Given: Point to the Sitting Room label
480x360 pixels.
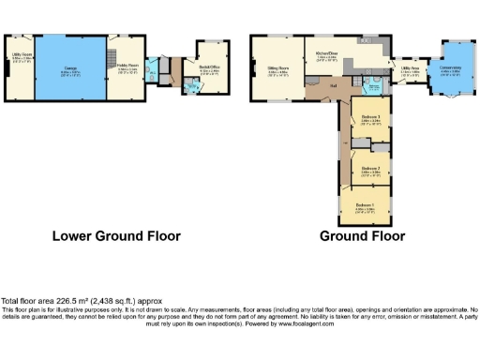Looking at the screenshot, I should coord(276,68).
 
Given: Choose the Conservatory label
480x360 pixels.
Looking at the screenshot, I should coord(451,67).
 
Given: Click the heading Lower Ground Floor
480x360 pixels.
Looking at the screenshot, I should coord(115,236).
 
